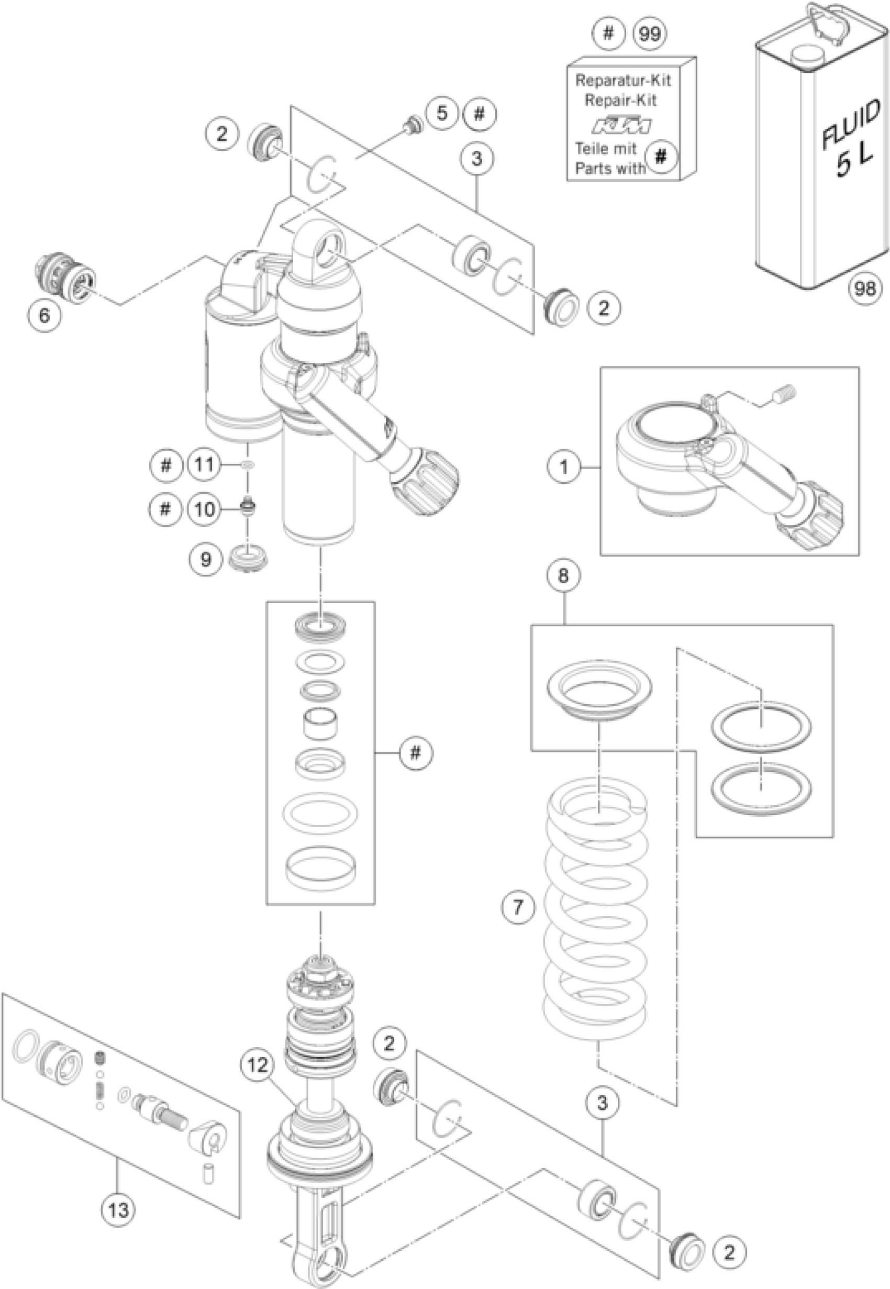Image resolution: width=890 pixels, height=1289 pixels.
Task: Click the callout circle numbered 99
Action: point(650,34)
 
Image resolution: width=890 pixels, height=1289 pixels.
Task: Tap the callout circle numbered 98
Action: point(864,288)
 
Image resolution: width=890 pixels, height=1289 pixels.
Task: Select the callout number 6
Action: point(44,315)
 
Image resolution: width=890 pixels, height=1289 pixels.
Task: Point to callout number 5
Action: point(442,113)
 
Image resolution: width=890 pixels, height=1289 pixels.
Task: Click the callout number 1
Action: point(564,465)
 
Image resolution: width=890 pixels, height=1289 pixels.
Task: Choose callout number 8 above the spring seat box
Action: point(563,575)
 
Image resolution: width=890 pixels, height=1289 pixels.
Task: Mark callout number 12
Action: point(258,1065)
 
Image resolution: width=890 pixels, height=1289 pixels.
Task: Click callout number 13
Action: point(118,1210)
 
